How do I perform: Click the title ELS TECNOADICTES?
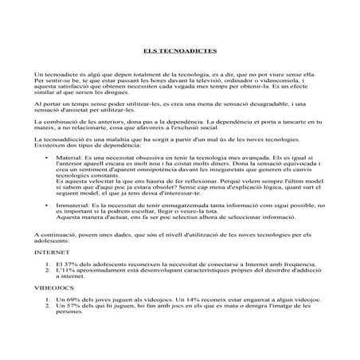pyautogui.click(x=180, y=50)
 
